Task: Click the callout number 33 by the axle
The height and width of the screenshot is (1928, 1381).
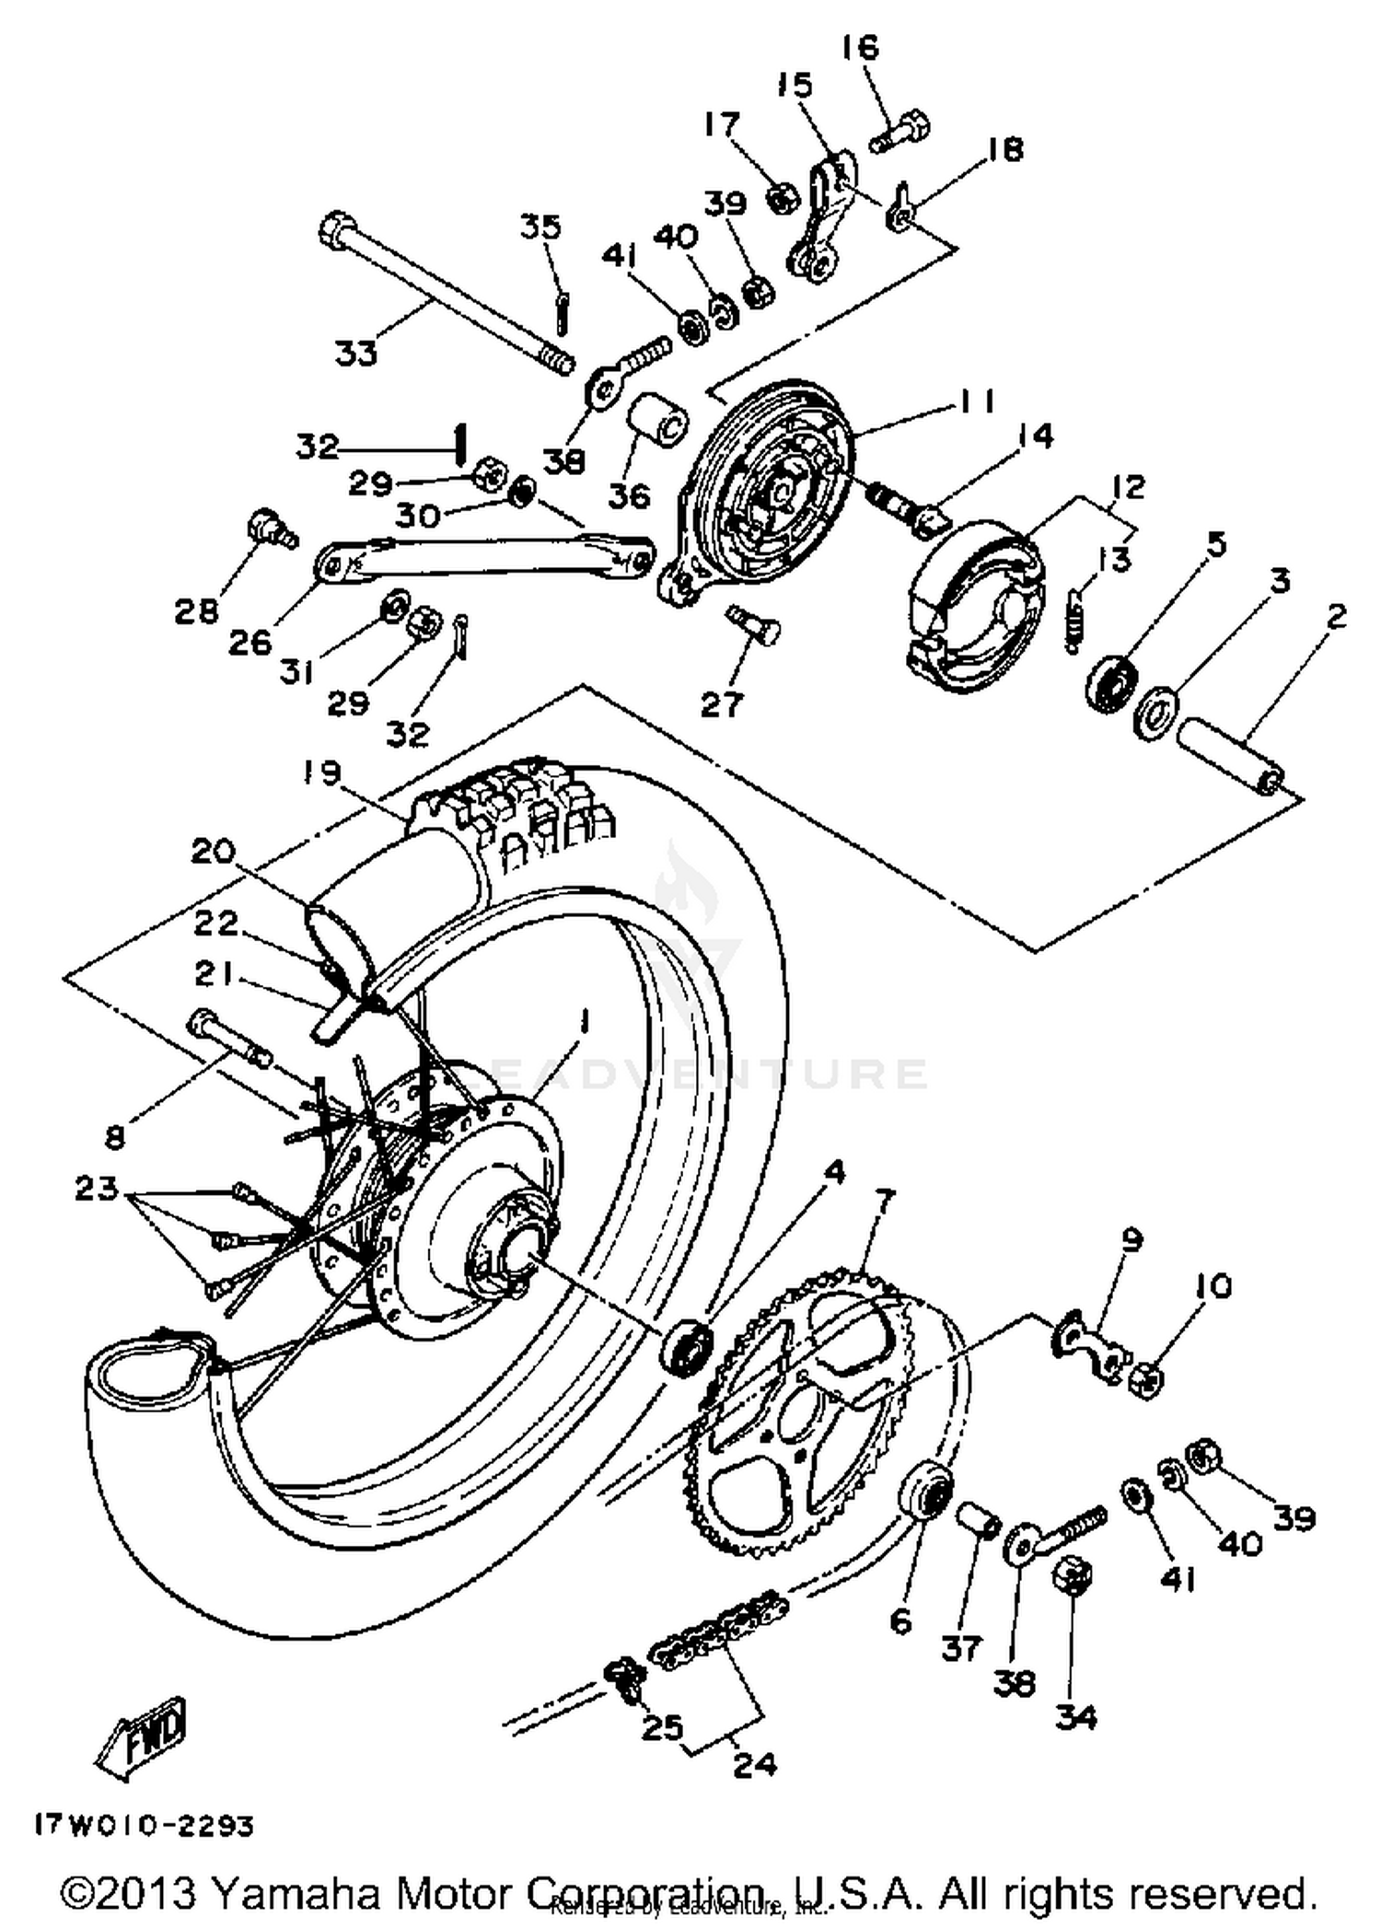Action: click(355, 353)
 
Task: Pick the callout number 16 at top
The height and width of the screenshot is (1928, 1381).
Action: click(860, 46)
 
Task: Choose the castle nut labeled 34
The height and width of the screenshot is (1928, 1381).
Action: click(1072, 1579)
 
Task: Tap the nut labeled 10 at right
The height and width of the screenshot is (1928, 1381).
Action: click(1147, 1379)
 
